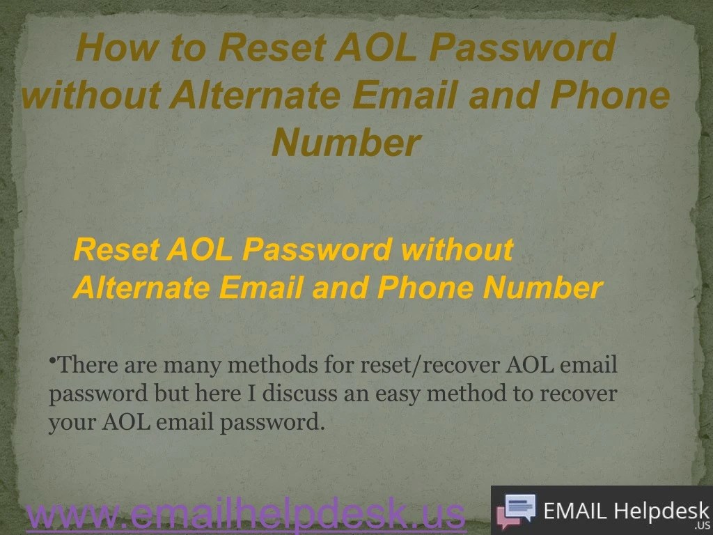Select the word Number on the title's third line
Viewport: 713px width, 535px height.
[x=346, y=143]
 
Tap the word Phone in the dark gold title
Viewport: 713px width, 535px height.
[x=610, y=95]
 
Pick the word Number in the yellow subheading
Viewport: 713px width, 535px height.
[x=543, y=287]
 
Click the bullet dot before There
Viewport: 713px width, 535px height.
[x=52, y=360]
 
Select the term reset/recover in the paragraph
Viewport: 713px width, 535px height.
[x=430, y=364]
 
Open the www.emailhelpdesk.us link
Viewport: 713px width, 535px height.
[x=246, y=514]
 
